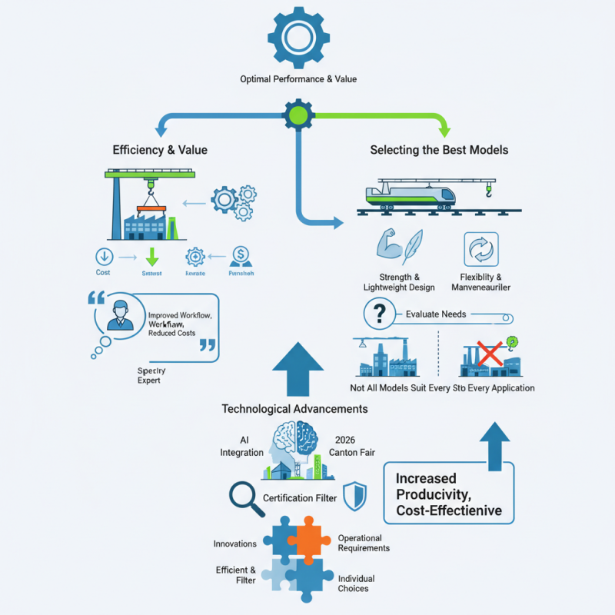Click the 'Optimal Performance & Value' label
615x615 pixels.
pos(298,78)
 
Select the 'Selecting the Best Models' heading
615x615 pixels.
pos(439,150)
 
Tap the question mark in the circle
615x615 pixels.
pos(378,314)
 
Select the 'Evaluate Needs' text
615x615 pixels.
pos(437,314)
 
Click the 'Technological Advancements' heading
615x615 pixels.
pos(294,408)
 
